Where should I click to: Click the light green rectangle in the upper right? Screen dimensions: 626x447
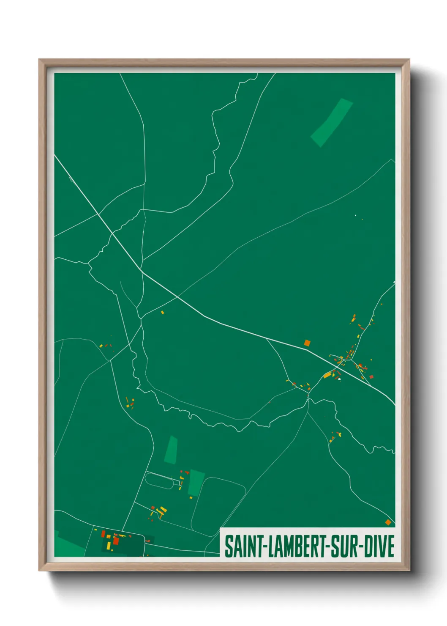point(332,122)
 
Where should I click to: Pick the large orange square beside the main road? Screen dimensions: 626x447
point(307,343)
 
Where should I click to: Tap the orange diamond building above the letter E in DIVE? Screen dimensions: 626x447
point(388,522)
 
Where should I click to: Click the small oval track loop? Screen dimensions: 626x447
point(159,480)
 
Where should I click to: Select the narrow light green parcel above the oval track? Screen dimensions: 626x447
point(171,450)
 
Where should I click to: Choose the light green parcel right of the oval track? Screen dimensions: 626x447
point(196,483)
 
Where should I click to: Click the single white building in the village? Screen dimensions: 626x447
point(339,379)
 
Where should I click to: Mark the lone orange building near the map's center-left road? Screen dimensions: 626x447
point(162,313)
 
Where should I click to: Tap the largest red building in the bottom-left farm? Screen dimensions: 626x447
point(116,541)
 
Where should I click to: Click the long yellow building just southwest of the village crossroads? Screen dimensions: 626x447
point(327,375)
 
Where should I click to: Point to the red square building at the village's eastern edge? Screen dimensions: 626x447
point(371,377)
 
